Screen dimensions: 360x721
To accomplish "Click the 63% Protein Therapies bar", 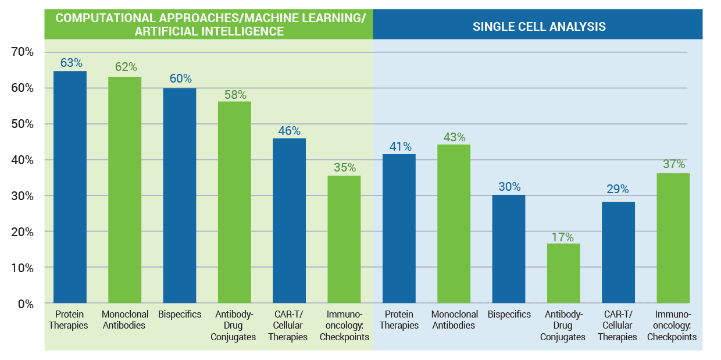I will [70, 186].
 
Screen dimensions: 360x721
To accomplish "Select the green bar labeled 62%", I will [125, 190].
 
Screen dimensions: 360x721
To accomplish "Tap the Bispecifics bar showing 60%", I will [180, 195].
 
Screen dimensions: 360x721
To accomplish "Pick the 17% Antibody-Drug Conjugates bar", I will [563, 273].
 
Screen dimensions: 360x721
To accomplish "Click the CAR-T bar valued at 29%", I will [618, 252].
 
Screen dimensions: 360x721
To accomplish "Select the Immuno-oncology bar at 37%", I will [673, 238].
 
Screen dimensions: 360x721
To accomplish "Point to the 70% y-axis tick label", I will [23, 52].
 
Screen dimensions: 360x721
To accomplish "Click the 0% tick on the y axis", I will [26, 304].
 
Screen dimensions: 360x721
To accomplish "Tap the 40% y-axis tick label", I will [23, 160].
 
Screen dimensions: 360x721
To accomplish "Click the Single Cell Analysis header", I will [539, 26].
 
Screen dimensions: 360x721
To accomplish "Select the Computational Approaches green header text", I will [210, 24].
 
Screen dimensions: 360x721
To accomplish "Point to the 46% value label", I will [289, 130].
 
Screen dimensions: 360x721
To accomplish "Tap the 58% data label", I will [234, 94].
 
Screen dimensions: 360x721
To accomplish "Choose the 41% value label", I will [399, 147].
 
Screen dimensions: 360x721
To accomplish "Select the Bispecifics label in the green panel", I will [180, 315].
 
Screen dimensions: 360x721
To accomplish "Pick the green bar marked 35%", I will [344, 239].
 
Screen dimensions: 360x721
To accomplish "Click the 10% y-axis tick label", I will [23, 268].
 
